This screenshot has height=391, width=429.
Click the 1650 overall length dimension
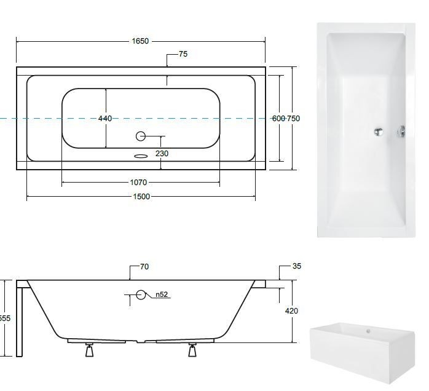tap(140, 41)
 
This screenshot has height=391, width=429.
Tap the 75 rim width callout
tap(183, 54)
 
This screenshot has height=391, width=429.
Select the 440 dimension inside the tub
tap(105, 119)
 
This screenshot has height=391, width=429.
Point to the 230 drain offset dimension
tap(162, 154)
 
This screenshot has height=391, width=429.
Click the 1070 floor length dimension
tap(138, 182)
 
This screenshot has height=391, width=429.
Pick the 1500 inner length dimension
tap(141, 197)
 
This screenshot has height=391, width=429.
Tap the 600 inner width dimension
tap(279, 119)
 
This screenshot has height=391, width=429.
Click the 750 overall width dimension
tap(293, 119)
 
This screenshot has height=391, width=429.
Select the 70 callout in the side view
tap(144, 266)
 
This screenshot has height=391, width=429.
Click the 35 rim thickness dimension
tap(297, 266)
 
